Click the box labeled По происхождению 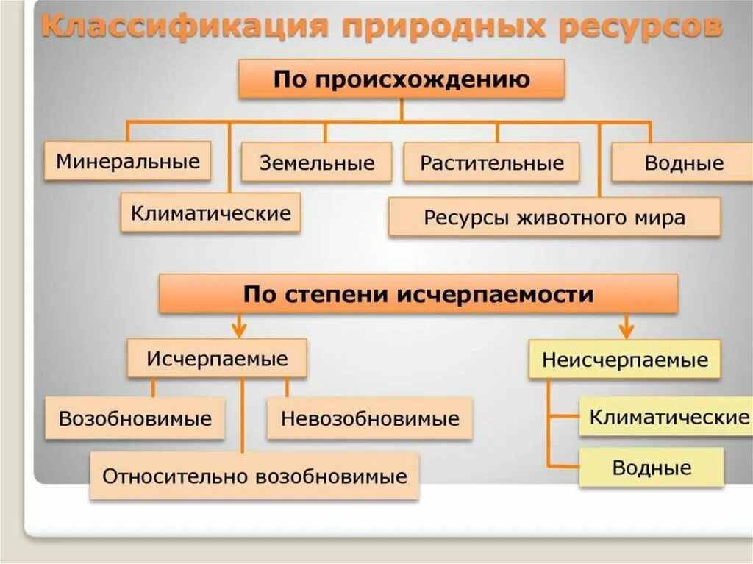(x=401, y=79)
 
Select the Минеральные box (x=128, y=162)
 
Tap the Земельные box (x=317, y=163)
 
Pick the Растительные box (x=491, y=163)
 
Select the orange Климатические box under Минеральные (x=211, y=213)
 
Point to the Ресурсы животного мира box (x=554, y=218)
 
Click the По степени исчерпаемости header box (x=418, y=295)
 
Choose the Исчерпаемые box (x=217, y=360)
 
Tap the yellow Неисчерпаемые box (x=624, y=360)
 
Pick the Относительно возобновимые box (x=254, y=476)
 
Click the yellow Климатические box (x=668, y=418)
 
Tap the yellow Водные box (x=652, y=468)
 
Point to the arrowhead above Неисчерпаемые (x=626, y=328)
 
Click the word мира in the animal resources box (x=663, y=218)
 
